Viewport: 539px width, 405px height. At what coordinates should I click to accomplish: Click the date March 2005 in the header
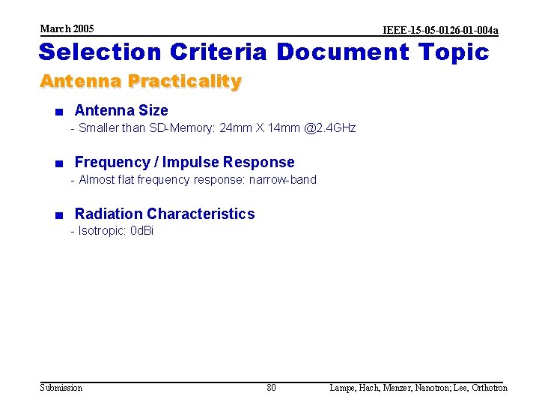click(x=67, y=28)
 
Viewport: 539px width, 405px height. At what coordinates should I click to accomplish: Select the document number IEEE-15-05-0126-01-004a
click(x=440, y=31)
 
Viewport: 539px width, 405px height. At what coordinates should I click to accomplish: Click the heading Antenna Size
click(x=121, y=111)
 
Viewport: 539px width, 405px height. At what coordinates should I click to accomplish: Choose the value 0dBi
click(x=141, y=231)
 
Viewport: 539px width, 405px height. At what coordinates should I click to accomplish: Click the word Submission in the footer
click(x=61, y=388)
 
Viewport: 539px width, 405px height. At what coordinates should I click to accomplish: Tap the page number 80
click(x=271, y=388)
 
